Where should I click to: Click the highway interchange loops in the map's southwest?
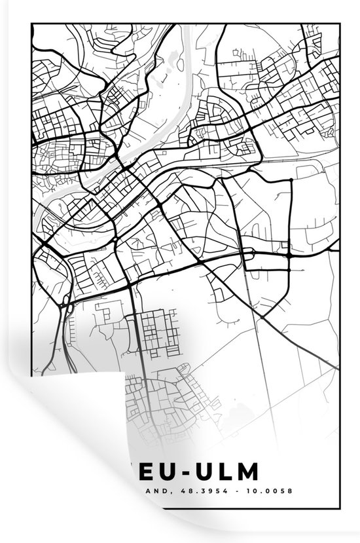65,302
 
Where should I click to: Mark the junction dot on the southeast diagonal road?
261,317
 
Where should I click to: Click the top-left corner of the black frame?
32,24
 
